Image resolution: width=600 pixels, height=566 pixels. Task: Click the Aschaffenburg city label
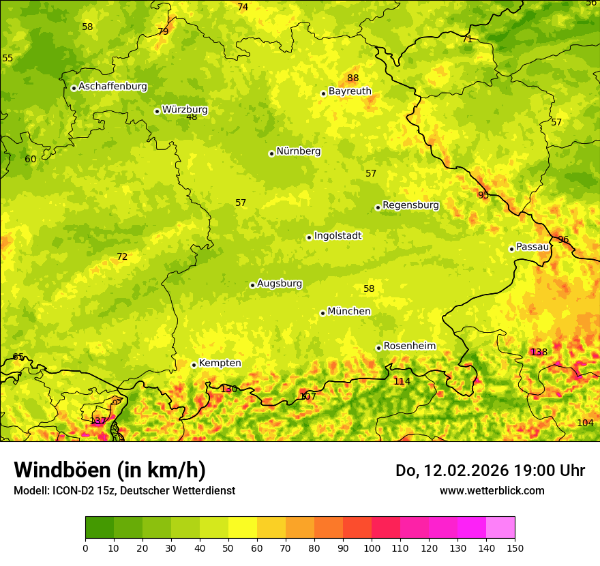[x=112, y=87]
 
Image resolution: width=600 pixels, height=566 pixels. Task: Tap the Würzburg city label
[x=185, y=110]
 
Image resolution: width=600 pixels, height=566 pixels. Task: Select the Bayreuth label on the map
[x=350, y=91]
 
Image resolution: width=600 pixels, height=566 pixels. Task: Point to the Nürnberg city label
[x=298, y=151]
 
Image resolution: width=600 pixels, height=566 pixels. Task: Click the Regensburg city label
[x=410, y=205]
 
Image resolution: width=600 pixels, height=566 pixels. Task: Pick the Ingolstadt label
[x=337, y=236]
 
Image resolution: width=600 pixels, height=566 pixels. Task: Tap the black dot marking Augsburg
[x=252, y=285]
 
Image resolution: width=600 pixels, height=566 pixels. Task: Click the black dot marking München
[x=322, y=313]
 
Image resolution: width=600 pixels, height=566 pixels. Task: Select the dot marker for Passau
[x=511, y=249]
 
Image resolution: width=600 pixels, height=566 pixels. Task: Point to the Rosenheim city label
[x=409, y=346]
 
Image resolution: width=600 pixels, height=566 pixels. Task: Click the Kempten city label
[x=220, y=363]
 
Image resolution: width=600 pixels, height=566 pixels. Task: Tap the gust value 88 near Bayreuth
[x=352, y=78]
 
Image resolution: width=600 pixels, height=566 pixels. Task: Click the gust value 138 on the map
[x=539, y=353]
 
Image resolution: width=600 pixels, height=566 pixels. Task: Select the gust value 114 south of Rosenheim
[x=402, y=382]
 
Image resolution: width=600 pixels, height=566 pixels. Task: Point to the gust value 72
[x=122, y=257]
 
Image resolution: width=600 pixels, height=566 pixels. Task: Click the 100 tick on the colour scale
[x=372, y=547]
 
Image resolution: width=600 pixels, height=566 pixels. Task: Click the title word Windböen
[x=63, y=471]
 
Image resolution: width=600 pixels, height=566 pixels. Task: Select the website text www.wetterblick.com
[x=492, y=491]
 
